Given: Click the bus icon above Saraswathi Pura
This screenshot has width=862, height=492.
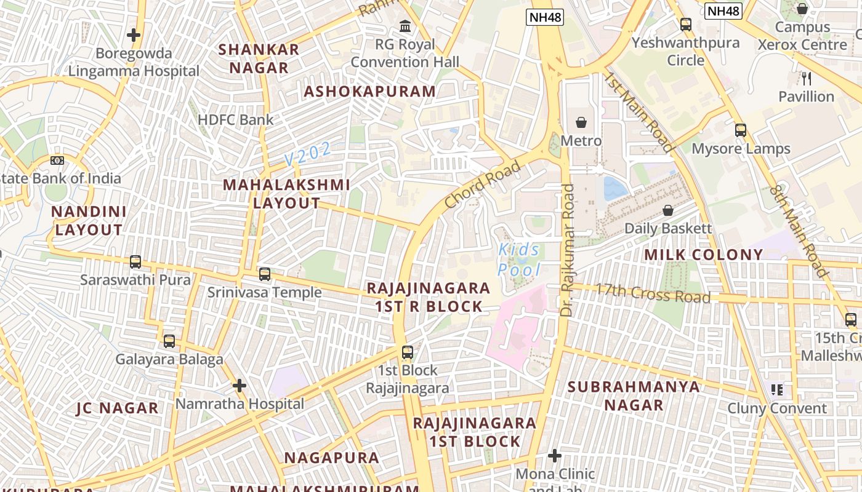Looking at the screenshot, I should point(135,262).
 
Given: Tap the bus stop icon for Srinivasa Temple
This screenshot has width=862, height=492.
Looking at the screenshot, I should point(265,274).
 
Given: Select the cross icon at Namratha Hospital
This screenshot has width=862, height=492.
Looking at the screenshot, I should point(240,386).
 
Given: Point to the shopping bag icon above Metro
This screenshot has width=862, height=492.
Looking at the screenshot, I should point(581,122).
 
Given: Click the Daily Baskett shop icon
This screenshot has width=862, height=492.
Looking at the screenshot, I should point(668,211).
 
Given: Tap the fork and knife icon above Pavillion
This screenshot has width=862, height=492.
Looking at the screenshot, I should point(807,78).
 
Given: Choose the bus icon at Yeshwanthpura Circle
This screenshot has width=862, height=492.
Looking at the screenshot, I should point(685,25).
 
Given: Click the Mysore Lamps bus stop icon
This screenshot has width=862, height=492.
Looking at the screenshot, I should point(741,130).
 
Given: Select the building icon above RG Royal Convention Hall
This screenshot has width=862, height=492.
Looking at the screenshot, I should point(405,26).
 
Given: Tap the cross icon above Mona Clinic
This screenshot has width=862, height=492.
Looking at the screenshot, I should point(555,456).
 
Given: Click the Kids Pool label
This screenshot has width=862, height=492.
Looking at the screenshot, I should point(518,260).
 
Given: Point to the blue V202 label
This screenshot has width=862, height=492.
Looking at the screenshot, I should point(308,154).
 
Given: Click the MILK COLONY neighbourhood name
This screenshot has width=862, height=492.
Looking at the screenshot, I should point(703,255).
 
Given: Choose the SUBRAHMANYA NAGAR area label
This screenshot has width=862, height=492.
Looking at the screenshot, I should point(634,395).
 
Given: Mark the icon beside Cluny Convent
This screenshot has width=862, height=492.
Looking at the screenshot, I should point(776,390).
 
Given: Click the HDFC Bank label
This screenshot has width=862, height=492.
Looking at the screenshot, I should point(235,119).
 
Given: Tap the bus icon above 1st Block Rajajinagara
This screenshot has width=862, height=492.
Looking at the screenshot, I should point(407,352).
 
